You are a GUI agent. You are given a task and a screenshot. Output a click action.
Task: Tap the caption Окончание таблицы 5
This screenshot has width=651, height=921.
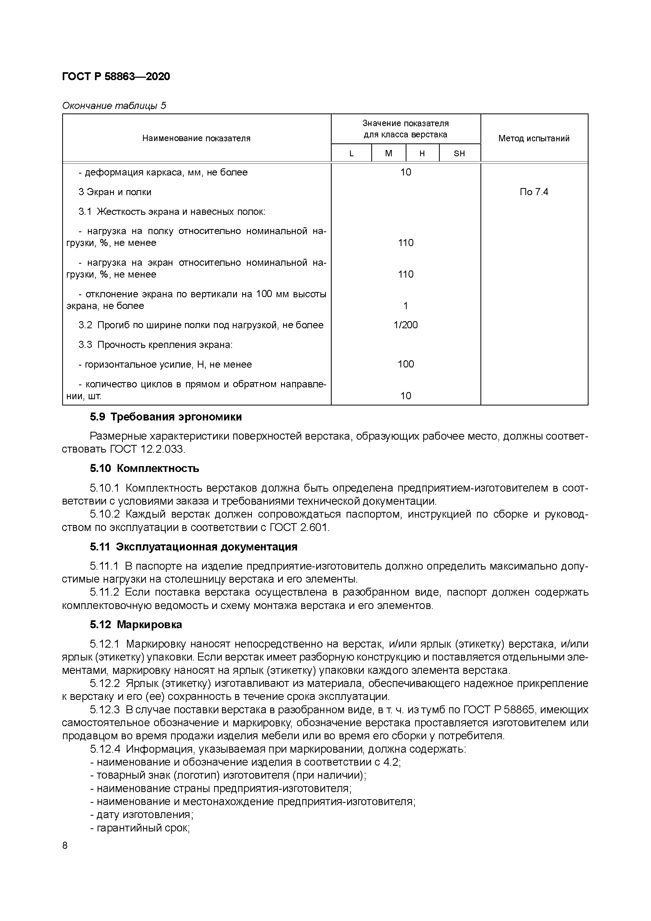[x=114, y=106]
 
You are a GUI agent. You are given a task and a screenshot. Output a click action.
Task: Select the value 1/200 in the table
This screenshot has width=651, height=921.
[x=405, y=325]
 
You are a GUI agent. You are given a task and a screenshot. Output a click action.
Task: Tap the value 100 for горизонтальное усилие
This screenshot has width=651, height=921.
[x=405, y=364]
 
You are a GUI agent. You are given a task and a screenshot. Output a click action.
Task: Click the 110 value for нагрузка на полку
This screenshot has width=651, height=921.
[x=405, y=243]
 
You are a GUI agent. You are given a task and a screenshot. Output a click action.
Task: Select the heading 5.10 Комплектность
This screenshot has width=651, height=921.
[x=144, y=468]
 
